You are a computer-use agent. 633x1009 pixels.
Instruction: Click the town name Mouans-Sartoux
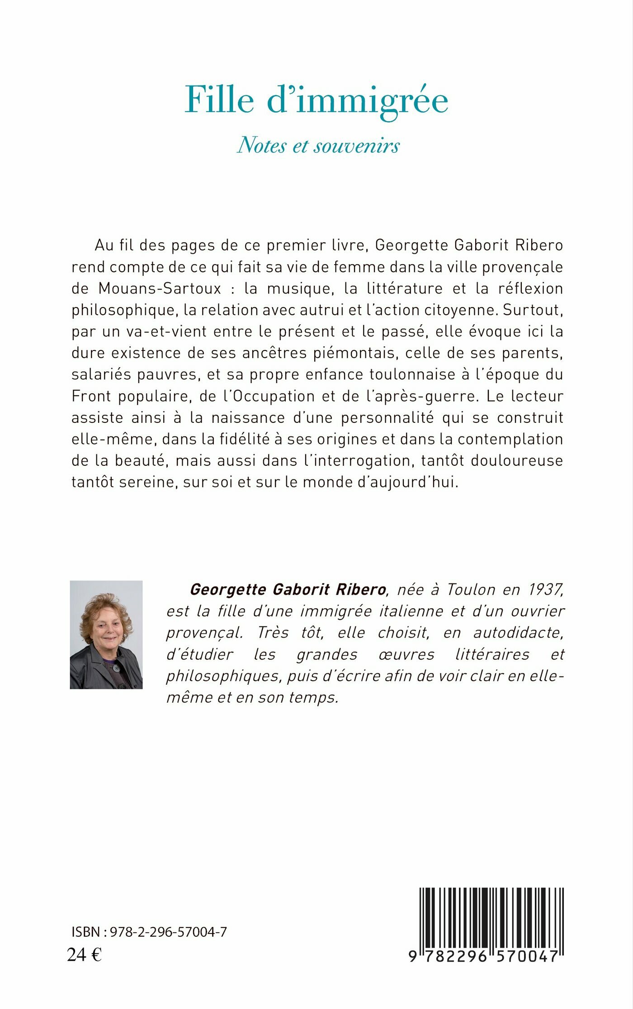click(160, 288)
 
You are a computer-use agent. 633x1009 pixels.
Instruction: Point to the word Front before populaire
click(90, 396)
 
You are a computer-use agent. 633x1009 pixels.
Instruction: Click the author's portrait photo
click(106, 635)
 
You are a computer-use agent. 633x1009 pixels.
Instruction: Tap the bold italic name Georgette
click(228, 589)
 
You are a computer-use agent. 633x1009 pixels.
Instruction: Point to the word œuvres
click(407, 654)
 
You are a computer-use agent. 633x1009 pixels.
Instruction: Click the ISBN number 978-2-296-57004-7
click(168, 932)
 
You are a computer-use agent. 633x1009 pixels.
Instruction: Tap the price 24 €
click(84, 955)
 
